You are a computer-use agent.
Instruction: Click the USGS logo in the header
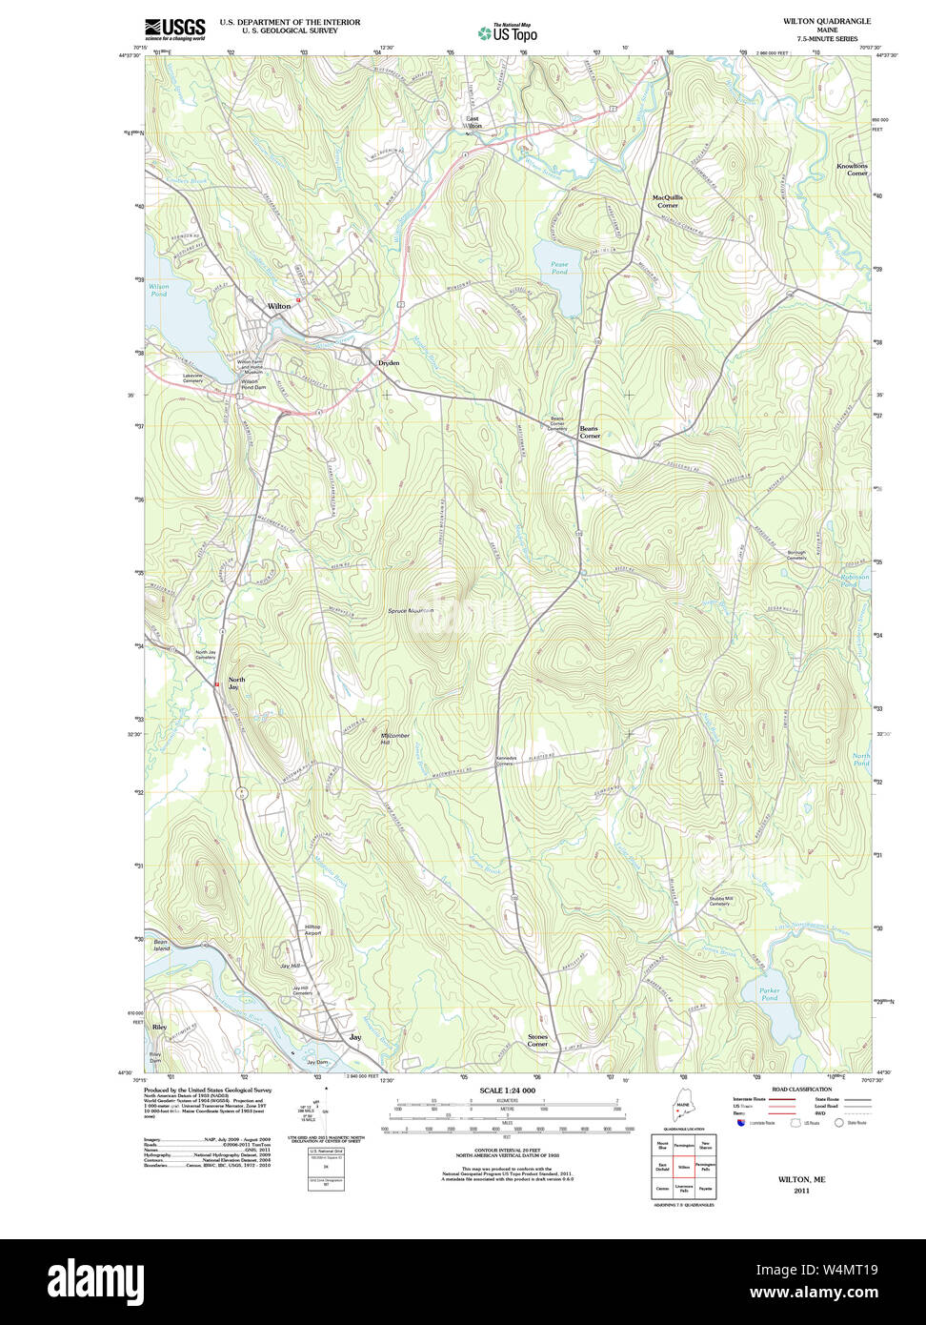175,29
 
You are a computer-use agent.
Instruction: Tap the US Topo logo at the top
508,32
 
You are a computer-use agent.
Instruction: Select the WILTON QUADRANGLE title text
826,21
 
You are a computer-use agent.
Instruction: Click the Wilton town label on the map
279,307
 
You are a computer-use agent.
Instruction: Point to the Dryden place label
389,363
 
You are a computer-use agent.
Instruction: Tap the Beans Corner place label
590,432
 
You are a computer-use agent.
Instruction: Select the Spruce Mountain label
411,611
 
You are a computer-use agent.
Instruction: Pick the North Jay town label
236,683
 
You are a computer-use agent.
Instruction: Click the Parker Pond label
769,994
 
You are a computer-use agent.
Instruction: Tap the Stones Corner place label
537,1040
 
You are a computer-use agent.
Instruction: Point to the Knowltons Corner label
852,170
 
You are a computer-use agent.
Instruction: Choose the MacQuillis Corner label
667,201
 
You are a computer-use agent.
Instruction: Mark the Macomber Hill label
394,739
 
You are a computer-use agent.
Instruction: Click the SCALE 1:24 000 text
507,1091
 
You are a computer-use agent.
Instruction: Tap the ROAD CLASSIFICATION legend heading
801,1089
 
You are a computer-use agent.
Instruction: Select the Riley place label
159,1028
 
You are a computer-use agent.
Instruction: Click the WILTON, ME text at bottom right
801,1179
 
